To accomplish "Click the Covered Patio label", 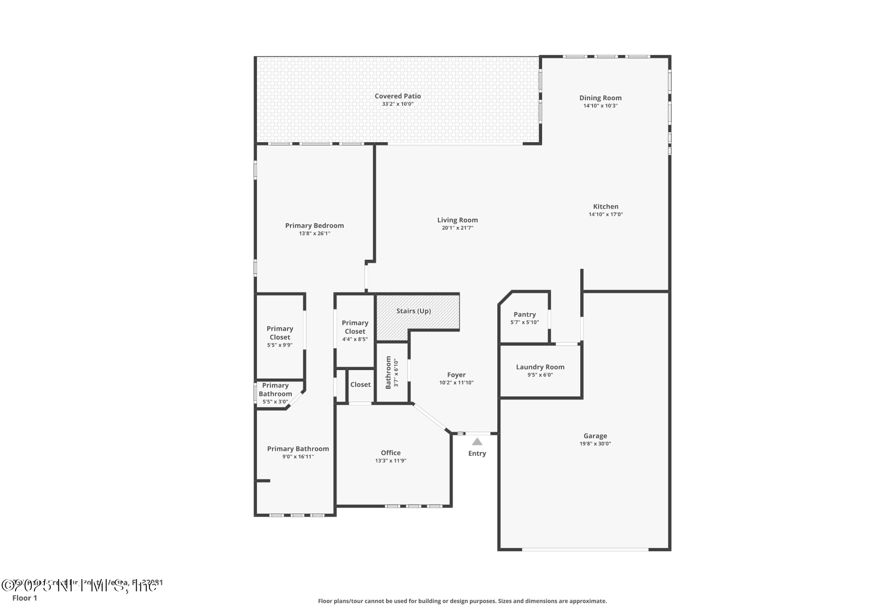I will coord(397,96).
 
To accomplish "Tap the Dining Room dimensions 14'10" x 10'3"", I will coord(600,106).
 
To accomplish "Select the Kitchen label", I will coord(605,206).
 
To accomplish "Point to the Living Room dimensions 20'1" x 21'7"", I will coord(457,228).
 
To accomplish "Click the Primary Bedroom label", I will coord(314,226).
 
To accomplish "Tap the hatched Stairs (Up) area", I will coord(413,311).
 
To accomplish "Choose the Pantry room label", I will coord(525,315).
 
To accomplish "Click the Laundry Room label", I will coord(540,367).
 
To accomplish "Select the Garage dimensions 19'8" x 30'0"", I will coord(595,444).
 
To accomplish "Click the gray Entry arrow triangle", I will coord(477,442).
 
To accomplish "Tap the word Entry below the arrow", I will coord(477,453).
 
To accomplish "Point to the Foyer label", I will coord(456,375).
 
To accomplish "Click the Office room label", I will coord(390,453).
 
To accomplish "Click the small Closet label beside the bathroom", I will coord(360,385).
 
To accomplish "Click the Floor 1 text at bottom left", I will coord(25,598).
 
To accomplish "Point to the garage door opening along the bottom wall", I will coord(585,549).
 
